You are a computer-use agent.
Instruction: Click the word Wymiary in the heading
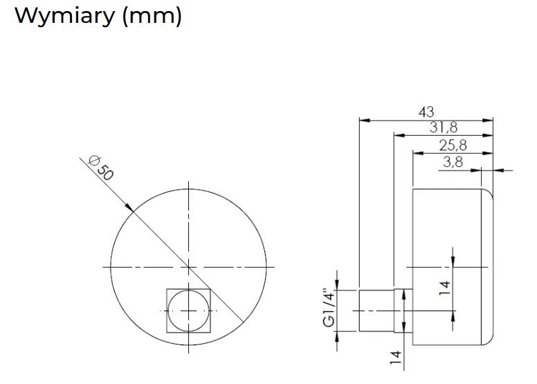click(64, 16)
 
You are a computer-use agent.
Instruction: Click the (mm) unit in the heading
click(152, 17)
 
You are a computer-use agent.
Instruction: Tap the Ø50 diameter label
click(100, 168)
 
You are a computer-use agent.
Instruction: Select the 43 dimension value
click(426, 112)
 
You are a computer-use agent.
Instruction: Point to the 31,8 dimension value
click(444, 128)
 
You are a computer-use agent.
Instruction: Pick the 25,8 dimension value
click(453, 145)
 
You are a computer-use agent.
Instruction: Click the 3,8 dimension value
click(453, 162)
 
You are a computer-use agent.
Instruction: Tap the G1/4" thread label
click(328, 308)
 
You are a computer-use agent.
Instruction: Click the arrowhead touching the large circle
click(129, 207)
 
